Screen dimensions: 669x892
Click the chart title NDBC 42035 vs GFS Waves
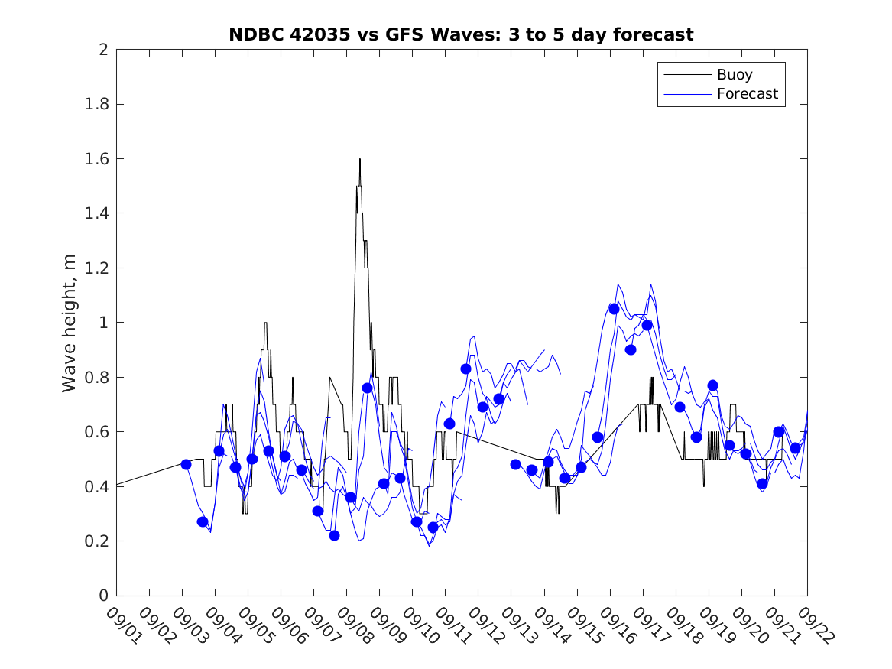click(x=461, y=34)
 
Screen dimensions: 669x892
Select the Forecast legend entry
click(x=747, y=94)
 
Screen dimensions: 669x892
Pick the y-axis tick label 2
click(x=102, y=50)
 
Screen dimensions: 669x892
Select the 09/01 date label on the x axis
click(x=122, y=625)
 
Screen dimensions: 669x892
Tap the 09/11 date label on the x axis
click(x=451, y=625)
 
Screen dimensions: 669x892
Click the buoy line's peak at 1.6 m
click(x=359, y=159)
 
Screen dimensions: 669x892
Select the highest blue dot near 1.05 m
click(x=614, y=309)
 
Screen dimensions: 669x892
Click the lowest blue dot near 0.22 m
click(x=334, y=535)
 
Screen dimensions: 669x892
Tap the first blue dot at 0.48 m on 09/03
click(x=186, y=464)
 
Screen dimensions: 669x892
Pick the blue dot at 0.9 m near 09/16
click(x=631, y=349)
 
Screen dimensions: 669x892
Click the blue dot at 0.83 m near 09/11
click(x=465, y=369)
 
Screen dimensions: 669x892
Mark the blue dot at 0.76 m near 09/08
click(x=367, y=388)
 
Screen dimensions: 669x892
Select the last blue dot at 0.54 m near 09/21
click(x=795, y=448)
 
